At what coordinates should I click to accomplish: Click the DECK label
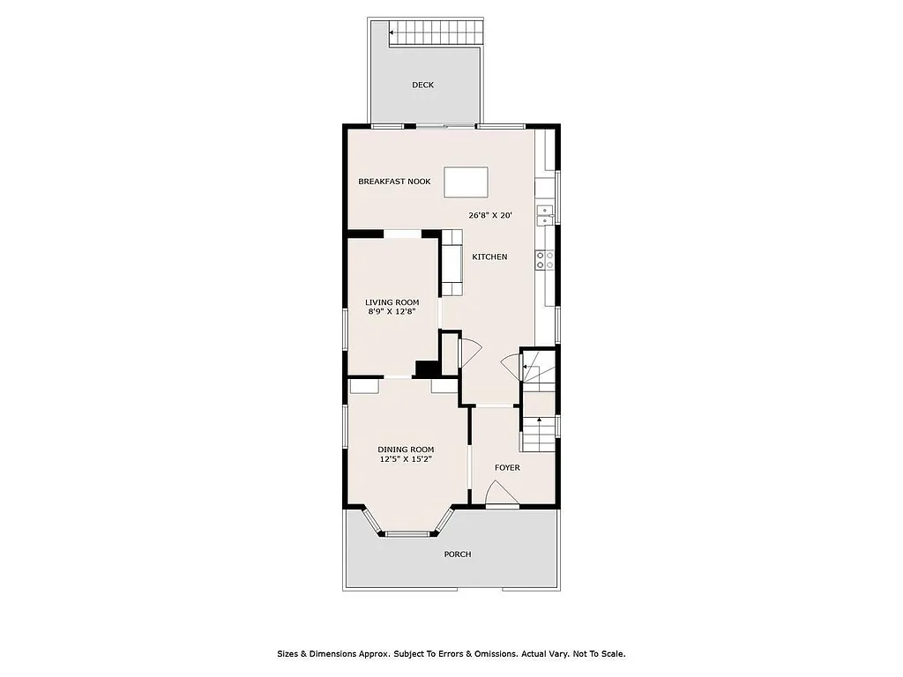pyautogui.click(x=422, y=86)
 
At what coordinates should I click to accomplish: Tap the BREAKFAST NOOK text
pyautogui.click(x=394, y=182)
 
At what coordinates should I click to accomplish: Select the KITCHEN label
pyautogui.click(x=489, y=257)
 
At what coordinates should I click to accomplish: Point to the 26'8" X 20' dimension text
pyautogui.click(x=490, y=215)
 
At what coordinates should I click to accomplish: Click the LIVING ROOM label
pyautogui.click(x=392, y=302)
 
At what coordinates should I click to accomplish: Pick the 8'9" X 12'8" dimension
pyautogui.click(x=392, y=311)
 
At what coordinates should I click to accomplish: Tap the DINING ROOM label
pyautogui.click(x=406, y=450)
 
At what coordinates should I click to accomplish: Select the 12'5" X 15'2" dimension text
pyautogui.click(x=406, y=458)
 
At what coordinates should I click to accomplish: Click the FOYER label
pyautogui.click(x=506, y=467)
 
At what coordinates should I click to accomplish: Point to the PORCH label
pyautogui.click(x=457, y=554)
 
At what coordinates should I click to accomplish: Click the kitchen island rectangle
pyautogui.click(x=465, y=182)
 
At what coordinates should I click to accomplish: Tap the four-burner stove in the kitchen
pyautogui.click(x=544, y=259)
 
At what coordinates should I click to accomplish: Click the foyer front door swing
pyautogui.click(x=502, y=495)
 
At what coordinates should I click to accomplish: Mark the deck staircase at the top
pyautogui.click(x=436, y=33)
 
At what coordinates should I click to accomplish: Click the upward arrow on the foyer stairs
pyautogui.click(x=539, y=423)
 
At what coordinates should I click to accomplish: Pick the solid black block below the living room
pyautogui.click(x=427, y=369)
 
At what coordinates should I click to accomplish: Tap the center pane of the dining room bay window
pyautogui.click(x=407, y=533)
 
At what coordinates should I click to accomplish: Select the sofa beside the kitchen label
pyautogui.click(x=451, y=263)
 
